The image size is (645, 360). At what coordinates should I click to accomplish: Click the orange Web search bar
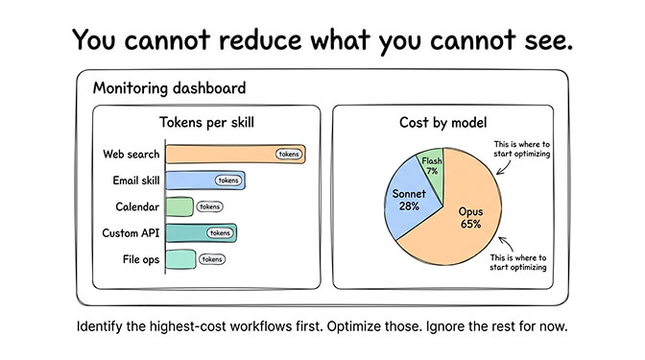221,154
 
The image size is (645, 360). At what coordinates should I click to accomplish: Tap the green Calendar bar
179,206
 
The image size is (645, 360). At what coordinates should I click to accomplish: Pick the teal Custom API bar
187,232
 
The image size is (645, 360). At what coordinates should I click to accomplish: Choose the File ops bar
180,258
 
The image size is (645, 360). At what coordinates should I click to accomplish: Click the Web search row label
131,154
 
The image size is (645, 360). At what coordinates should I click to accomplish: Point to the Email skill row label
132,180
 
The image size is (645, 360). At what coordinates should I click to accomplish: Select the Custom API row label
131,232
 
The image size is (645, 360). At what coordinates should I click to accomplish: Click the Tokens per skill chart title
205,122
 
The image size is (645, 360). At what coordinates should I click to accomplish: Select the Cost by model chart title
442,122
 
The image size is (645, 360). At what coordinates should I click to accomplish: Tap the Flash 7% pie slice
431,164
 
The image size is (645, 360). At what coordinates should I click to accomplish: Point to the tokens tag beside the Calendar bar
209,206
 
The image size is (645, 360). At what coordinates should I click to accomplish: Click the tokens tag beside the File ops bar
212,258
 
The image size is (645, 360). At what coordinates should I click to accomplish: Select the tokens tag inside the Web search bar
289,154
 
